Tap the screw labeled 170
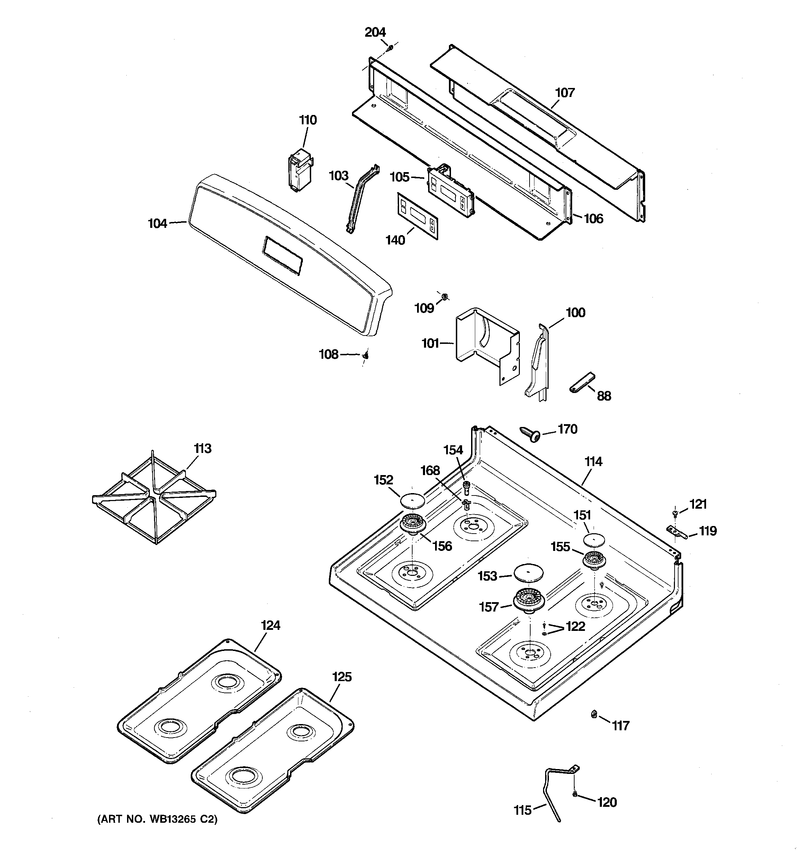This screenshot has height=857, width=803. (x=531, y=435)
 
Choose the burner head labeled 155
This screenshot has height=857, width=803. (x=595, y=561)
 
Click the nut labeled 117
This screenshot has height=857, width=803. (x=594, y=714)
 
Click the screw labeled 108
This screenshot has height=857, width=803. (x=366, y=355)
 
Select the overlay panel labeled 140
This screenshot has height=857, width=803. (x=417, y=215)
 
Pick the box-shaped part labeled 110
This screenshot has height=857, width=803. (x=300, y=170)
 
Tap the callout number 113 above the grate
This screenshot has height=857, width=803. (x=202, y=448)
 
